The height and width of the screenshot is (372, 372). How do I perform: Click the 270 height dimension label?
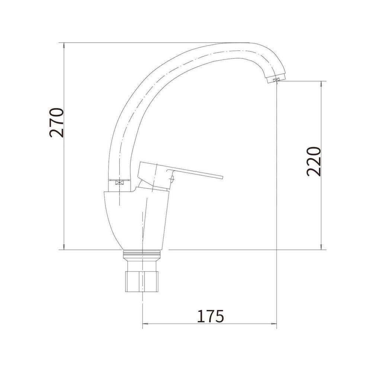tap(57, 123)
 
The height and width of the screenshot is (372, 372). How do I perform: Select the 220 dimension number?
tap(314, 161)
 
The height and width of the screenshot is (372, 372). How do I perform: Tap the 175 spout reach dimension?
tap(211, 316)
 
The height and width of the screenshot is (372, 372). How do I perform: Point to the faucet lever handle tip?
tap(222, 177)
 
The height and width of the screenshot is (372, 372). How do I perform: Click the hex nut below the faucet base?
tap(142, 281)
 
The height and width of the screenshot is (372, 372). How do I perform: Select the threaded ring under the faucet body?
tap(142, 255)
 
